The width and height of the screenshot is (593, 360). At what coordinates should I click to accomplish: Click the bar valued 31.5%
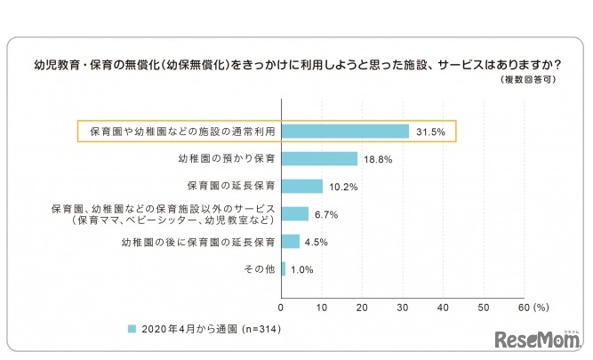345,132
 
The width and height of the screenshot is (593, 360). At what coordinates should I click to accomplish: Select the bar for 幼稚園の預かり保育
319,159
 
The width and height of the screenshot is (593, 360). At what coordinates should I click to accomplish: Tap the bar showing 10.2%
302,187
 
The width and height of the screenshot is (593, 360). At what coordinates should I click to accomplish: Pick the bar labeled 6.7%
295,213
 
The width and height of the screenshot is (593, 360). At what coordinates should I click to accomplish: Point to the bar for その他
284,268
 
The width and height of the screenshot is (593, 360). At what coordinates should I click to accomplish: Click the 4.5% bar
291,241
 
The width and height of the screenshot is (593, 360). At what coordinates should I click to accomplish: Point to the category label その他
260,268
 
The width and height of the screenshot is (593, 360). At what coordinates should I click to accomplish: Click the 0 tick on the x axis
282,308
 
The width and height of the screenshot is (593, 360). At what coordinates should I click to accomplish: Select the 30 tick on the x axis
404,308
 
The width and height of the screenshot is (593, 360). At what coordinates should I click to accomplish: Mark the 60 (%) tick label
533,308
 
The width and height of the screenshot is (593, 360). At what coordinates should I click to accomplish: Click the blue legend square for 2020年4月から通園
132,329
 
